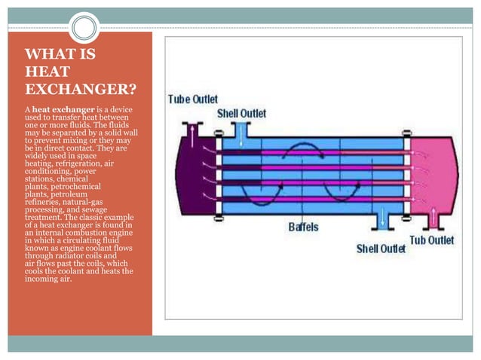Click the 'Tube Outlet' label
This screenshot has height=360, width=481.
click(192, 99)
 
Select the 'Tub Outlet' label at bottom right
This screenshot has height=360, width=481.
click(431, 240)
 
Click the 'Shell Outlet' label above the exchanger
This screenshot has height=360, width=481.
click(243, 113)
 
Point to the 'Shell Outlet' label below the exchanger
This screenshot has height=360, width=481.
click(380, 248)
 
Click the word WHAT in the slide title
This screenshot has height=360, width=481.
click(46, 55)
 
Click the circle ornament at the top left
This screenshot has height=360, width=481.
click(84, 29)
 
